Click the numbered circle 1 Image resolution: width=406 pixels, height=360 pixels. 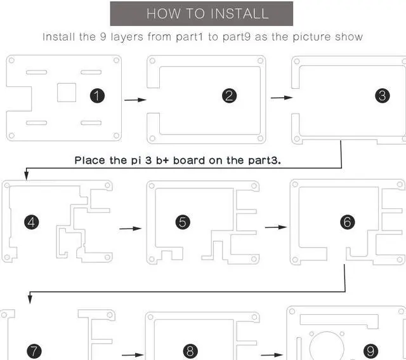point(97,96)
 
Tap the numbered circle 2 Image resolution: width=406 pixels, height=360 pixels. point(230,96)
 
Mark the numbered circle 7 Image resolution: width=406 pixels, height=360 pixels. point(34,351)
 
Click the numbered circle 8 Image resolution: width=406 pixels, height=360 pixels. point(190,351)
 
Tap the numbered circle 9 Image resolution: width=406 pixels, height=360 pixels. point(371,351)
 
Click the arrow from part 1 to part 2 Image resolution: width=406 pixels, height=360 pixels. point(134,100)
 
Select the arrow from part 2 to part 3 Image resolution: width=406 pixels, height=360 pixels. point(282,98)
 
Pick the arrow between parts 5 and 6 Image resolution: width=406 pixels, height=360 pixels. point(275,227)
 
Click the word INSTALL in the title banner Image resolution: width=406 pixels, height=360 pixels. point(238,13)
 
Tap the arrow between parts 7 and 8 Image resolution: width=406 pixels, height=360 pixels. point(132,355)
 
